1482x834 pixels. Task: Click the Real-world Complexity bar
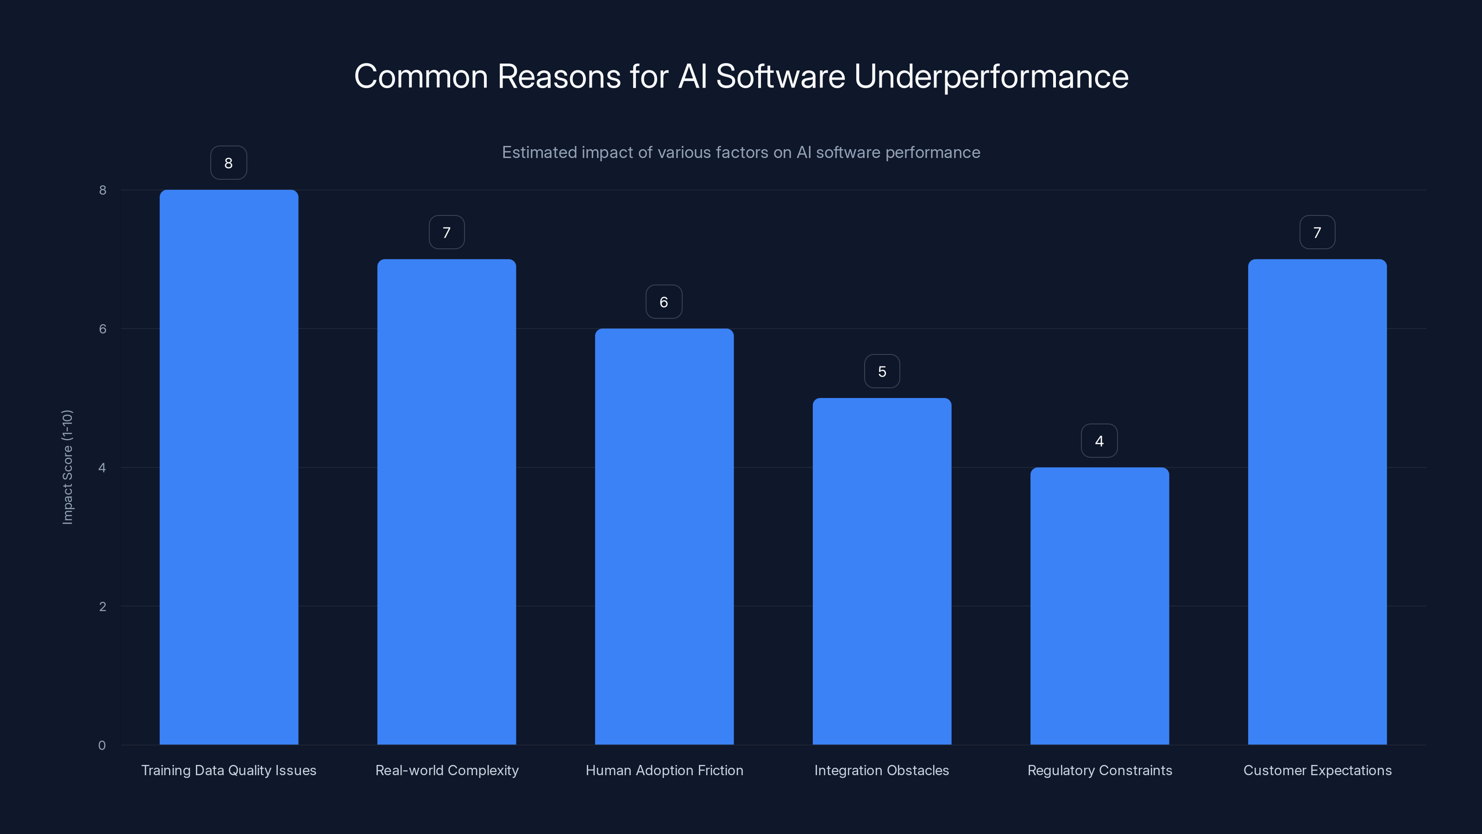tap(446, 501)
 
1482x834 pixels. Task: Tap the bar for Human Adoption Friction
tap(664, 536)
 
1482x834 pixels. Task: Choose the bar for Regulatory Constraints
tap(1099, 606)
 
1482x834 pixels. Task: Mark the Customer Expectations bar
tap(1317, 501)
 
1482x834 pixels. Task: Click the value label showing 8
tap(228, 163)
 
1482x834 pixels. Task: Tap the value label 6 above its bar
tap(663, 302)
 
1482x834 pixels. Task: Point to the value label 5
tap(881, 371)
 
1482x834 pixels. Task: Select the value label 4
tap(1099, 441)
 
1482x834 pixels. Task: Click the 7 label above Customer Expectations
tap(1317, 232)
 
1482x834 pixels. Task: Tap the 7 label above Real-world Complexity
tap(446, 232)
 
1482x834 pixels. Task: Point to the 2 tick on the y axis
tap(102, 606)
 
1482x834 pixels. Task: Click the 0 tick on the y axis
tap(102, 746)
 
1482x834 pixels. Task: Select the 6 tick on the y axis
tap(102, 329)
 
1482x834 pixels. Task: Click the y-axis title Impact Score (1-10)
tap(67, 467)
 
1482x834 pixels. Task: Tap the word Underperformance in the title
tap(991, 76)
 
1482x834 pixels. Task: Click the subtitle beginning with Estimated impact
tap(741, 152)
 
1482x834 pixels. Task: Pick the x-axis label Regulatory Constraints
tap(1099, 770)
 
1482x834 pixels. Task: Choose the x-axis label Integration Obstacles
tap(881, 770)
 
